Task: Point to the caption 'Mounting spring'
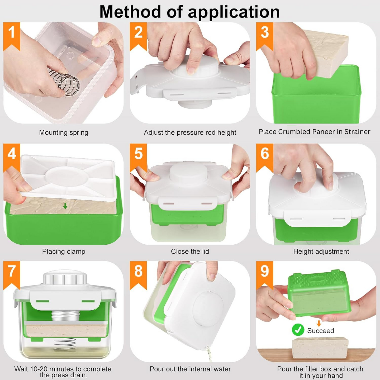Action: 64,132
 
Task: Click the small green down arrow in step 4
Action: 65,206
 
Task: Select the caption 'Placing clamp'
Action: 64,251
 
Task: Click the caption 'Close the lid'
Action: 190,251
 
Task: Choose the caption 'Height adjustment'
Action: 321,251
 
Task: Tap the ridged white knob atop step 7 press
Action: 65,277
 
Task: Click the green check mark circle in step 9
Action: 298,330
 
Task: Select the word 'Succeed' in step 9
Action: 320,330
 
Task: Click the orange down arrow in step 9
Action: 319,324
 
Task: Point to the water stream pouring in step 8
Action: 209,354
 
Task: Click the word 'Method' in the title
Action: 130,12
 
